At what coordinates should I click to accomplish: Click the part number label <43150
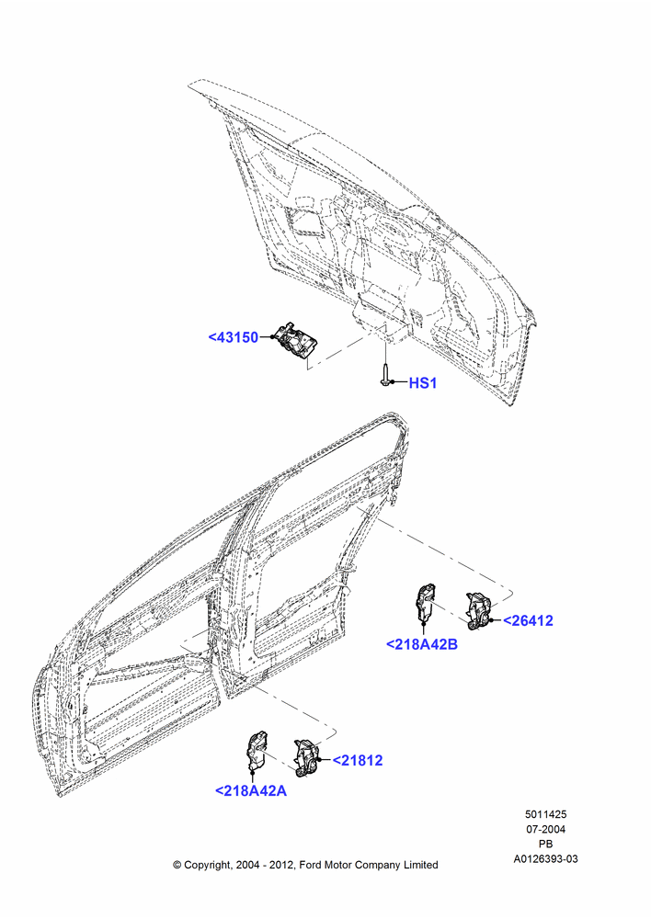coord(234,337)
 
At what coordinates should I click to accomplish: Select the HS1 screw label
coord(423,383)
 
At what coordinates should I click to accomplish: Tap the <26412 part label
coord(528,620)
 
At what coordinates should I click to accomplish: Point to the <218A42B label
coord(422,644)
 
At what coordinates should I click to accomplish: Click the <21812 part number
coord(358,761)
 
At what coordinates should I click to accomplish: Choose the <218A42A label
coord(251,790)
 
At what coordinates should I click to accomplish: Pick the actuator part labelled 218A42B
coord(426,605)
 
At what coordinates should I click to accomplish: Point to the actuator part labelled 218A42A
coord(255,751)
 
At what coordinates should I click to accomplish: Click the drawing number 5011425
coord(545,814)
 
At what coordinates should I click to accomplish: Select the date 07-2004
coord(545,829)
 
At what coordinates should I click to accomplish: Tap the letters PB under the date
coord(545,844)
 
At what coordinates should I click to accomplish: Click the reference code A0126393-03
coord(545,859)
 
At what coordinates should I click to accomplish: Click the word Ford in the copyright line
coord(311,865)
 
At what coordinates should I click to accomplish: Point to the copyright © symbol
coord(177,865)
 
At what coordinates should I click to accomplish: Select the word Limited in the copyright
coord(420,865)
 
